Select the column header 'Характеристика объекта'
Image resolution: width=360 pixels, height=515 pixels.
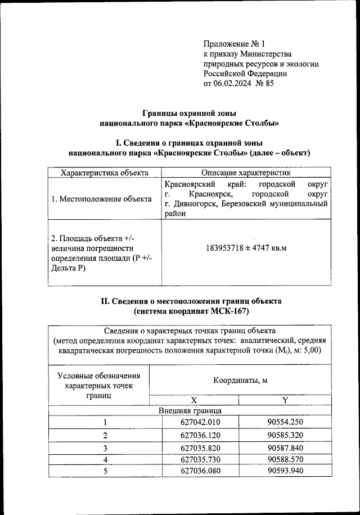[x=105, y=173]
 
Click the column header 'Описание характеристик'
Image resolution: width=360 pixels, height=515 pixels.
[x=246, y=173]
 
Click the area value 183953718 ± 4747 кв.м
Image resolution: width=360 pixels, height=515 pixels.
[x=246, y=247]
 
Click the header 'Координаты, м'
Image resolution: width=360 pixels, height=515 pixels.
[x=240, y=381]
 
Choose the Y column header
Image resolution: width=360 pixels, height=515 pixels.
[x=285, y=400]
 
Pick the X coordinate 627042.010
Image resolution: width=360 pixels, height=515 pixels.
[x=194, y=422]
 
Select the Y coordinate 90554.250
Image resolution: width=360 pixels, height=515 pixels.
[x=285, y=422]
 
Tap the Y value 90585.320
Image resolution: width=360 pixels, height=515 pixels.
[x=285, y=435]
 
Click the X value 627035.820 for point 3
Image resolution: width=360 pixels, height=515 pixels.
[x=194, y=447]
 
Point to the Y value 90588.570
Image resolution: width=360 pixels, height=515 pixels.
[x=285, y=459]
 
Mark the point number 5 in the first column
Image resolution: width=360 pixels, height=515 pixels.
[x=104, y=471]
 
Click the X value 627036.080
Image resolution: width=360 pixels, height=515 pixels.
[x=194, y=471]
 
